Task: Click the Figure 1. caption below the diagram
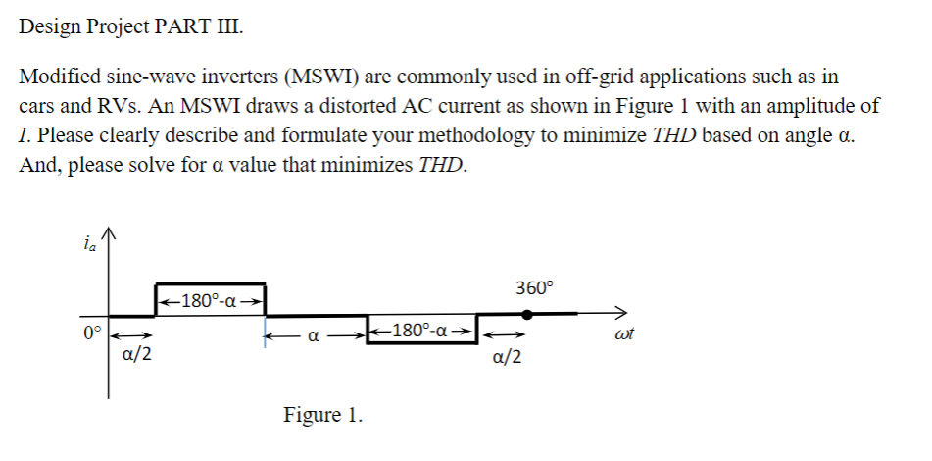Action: click(x=322, y=415)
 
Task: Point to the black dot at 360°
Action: click(x=527, y=315)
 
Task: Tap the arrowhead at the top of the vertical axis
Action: click(x=109, y=233)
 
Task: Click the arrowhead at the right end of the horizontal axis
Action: click(x=619, y=315)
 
